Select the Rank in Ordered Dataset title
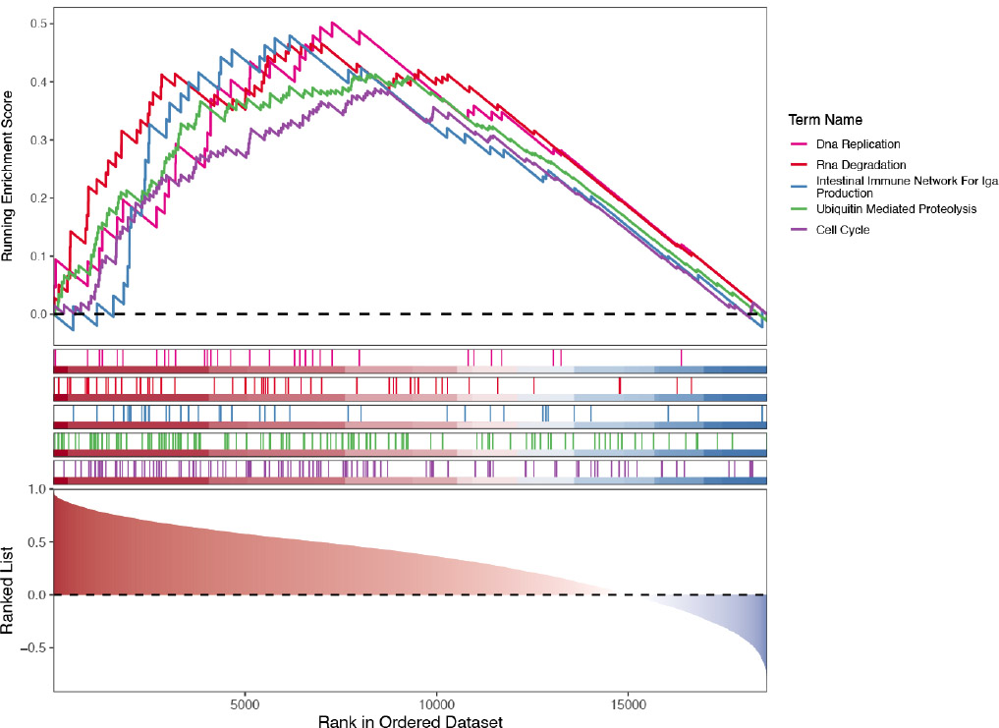click(x=410, y=722)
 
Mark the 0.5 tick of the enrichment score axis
click(x=36, y=23)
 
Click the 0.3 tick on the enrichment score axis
click(x=36, y=140)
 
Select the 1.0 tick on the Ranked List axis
click(x=36, y=489)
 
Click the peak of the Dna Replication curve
click(x=334, y=23)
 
